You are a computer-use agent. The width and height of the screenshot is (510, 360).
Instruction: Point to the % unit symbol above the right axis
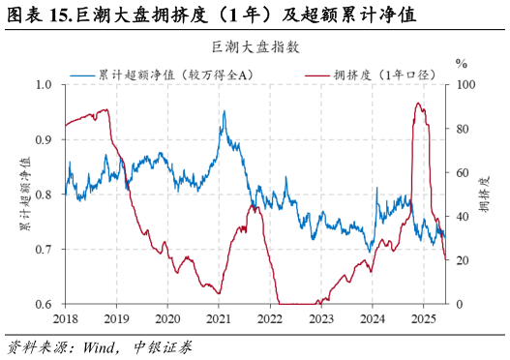tap(462, 64)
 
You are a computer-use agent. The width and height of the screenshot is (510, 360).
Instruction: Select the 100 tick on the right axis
tap(466, 84)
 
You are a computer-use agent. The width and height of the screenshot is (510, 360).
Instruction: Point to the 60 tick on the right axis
tap(464, 172)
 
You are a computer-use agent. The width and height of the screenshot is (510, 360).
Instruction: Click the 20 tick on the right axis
tap(464, 260)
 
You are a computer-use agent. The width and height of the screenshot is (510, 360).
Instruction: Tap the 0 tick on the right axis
tap(461, 304)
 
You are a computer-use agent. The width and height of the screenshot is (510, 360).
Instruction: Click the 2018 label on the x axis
tap(65, 318)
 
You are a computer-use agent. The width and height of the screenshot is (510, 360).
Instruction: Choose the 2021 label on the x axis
tap(219, 318)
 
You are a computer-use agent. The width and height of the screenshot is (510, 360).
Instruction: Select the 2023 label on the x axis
tap(321, 318)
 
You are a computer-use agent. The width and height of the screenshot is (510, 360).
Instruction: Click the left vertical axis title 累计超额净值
tap(24, 195)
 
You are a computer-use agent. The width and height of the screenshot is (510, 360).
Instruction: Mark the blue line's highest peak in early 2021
tap(224, 111)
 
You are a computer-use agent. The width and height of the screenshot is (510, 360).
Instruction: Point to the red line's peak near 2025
tap(418, 104)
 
